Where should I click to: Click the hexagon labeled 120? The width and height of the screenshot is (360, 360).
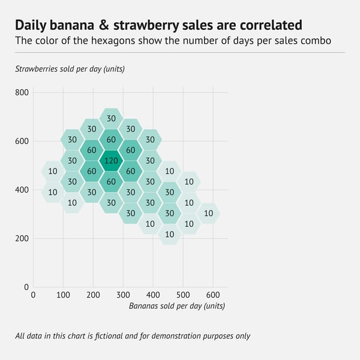[111, 161]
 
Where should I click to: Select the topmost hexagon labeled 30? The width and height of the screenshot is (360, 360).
[111, 119]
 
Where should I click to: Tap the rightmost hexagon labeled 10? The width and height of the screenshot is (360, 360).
[208, 213]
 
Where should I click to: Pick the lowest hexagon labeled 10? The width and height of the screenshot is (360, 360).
[169, 234]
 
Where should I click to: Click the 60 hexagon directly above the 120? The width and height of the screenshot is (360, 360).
[111, 140]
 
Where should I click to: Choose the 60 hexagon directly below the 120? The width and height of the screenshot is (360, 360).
[111, 182]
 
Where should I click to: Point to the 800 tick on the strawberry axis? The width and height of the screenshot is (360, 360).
[22, 93]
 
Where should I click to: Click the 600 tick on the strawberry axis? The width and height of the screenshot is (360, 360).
[22, 142]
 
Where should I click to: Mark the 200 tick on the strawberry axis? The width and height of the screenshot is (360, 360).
[22, 238]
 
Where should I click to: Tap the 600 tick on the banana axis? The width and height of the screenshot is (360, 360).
[213, 295]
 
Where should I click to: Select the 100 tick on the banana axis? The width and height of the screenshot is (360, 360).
[63, 295]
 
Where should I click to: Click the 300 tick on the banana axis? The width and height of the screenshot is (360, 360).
[123, 295]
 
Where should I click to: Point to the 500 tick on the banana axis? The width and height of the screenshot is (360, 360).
[183, 295]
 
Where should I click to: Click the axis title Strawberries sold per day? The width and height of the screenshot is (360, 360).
[70, 68]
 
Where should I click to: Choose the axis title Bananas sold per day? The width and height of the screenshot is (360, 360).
[177, 306]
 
